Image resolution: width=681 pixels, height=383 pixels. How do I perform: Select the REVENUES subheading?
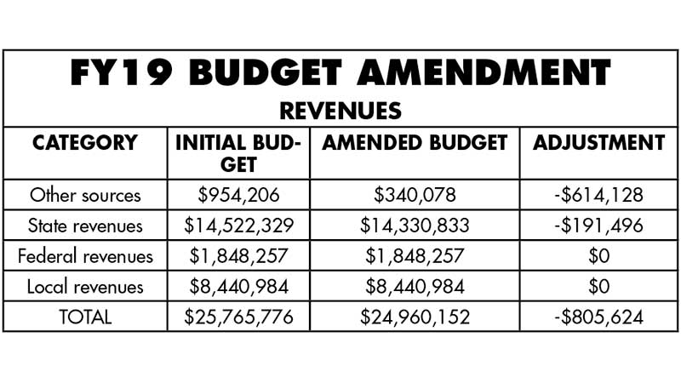click(x=340, y=111)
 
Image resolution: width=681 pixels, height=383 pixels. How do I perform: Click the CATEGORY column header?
click(x=84, y=143)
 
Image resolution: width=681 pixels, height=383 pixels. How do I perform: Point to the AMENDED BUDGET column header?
click(x=415, y=143)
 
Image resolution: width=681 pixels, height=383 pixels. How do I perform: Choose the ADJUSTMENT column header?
click(x=598, y=143)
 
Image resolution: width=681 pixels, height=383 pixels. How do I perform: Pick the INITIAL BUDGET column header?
click(x=238, y=152)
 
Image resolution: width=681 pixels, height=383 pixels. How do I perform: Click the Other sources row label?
click(x=84, y=195)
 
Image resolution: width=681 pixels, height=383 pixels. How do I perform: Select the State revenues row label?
click(x=84, y=226)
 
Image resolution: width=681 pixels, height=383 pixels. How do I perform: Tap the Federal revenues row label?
click(x=84, y=256)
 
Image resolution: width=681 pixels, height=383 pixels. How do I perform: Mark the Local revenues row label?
click(x=84, y=286)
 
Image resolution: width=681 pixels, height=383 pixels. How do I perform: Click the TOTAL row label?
click(x=84, y=317)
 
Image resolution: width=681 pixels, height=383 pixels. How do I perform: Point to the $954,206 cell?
click(x=238, y=195)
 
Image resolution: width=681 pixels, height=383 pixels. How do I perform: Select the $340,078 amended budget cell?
click(x=415, y=195)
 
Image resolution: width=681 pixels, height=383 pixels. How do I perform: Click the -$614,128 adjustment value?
click(x=598, y=195)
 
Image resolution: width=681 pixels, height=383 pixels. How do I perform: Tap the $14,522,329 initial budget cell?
click(x=238, y=226)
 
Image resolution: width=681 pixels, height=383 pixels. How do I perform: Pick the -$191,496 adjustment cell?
click(x=598, y=226)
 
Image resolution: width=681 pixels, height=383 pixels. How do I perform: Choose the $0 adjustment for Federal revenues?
click(x=598, y=256)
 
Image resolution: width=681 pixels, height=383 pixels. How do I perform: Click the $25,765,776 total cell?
click(x=238, y=317)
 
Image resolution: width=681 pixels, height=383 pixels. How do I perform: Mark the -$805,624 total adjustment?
click(x=598, y=317)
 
